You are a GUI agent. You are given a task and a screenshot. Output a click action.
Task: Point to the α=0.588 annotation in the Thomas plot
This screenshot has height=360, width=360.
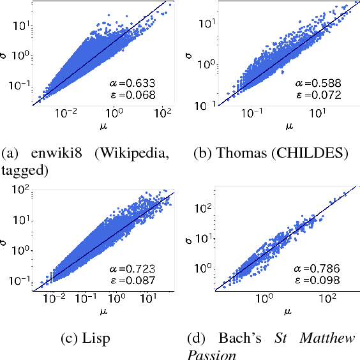click(x=318, y=83)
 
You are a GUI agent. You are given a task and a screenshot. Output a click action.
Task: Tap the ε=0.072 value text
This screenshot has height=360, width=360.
click(x=318, y=95)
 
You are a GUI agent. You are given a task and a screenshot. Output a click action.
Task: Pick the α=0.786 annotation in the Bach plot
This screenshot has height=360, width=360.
click(x=318, y=269)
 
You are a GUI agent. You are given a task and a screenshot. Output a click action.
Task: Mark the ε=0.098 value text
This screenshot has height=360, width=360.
click(x=318, y=281)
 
